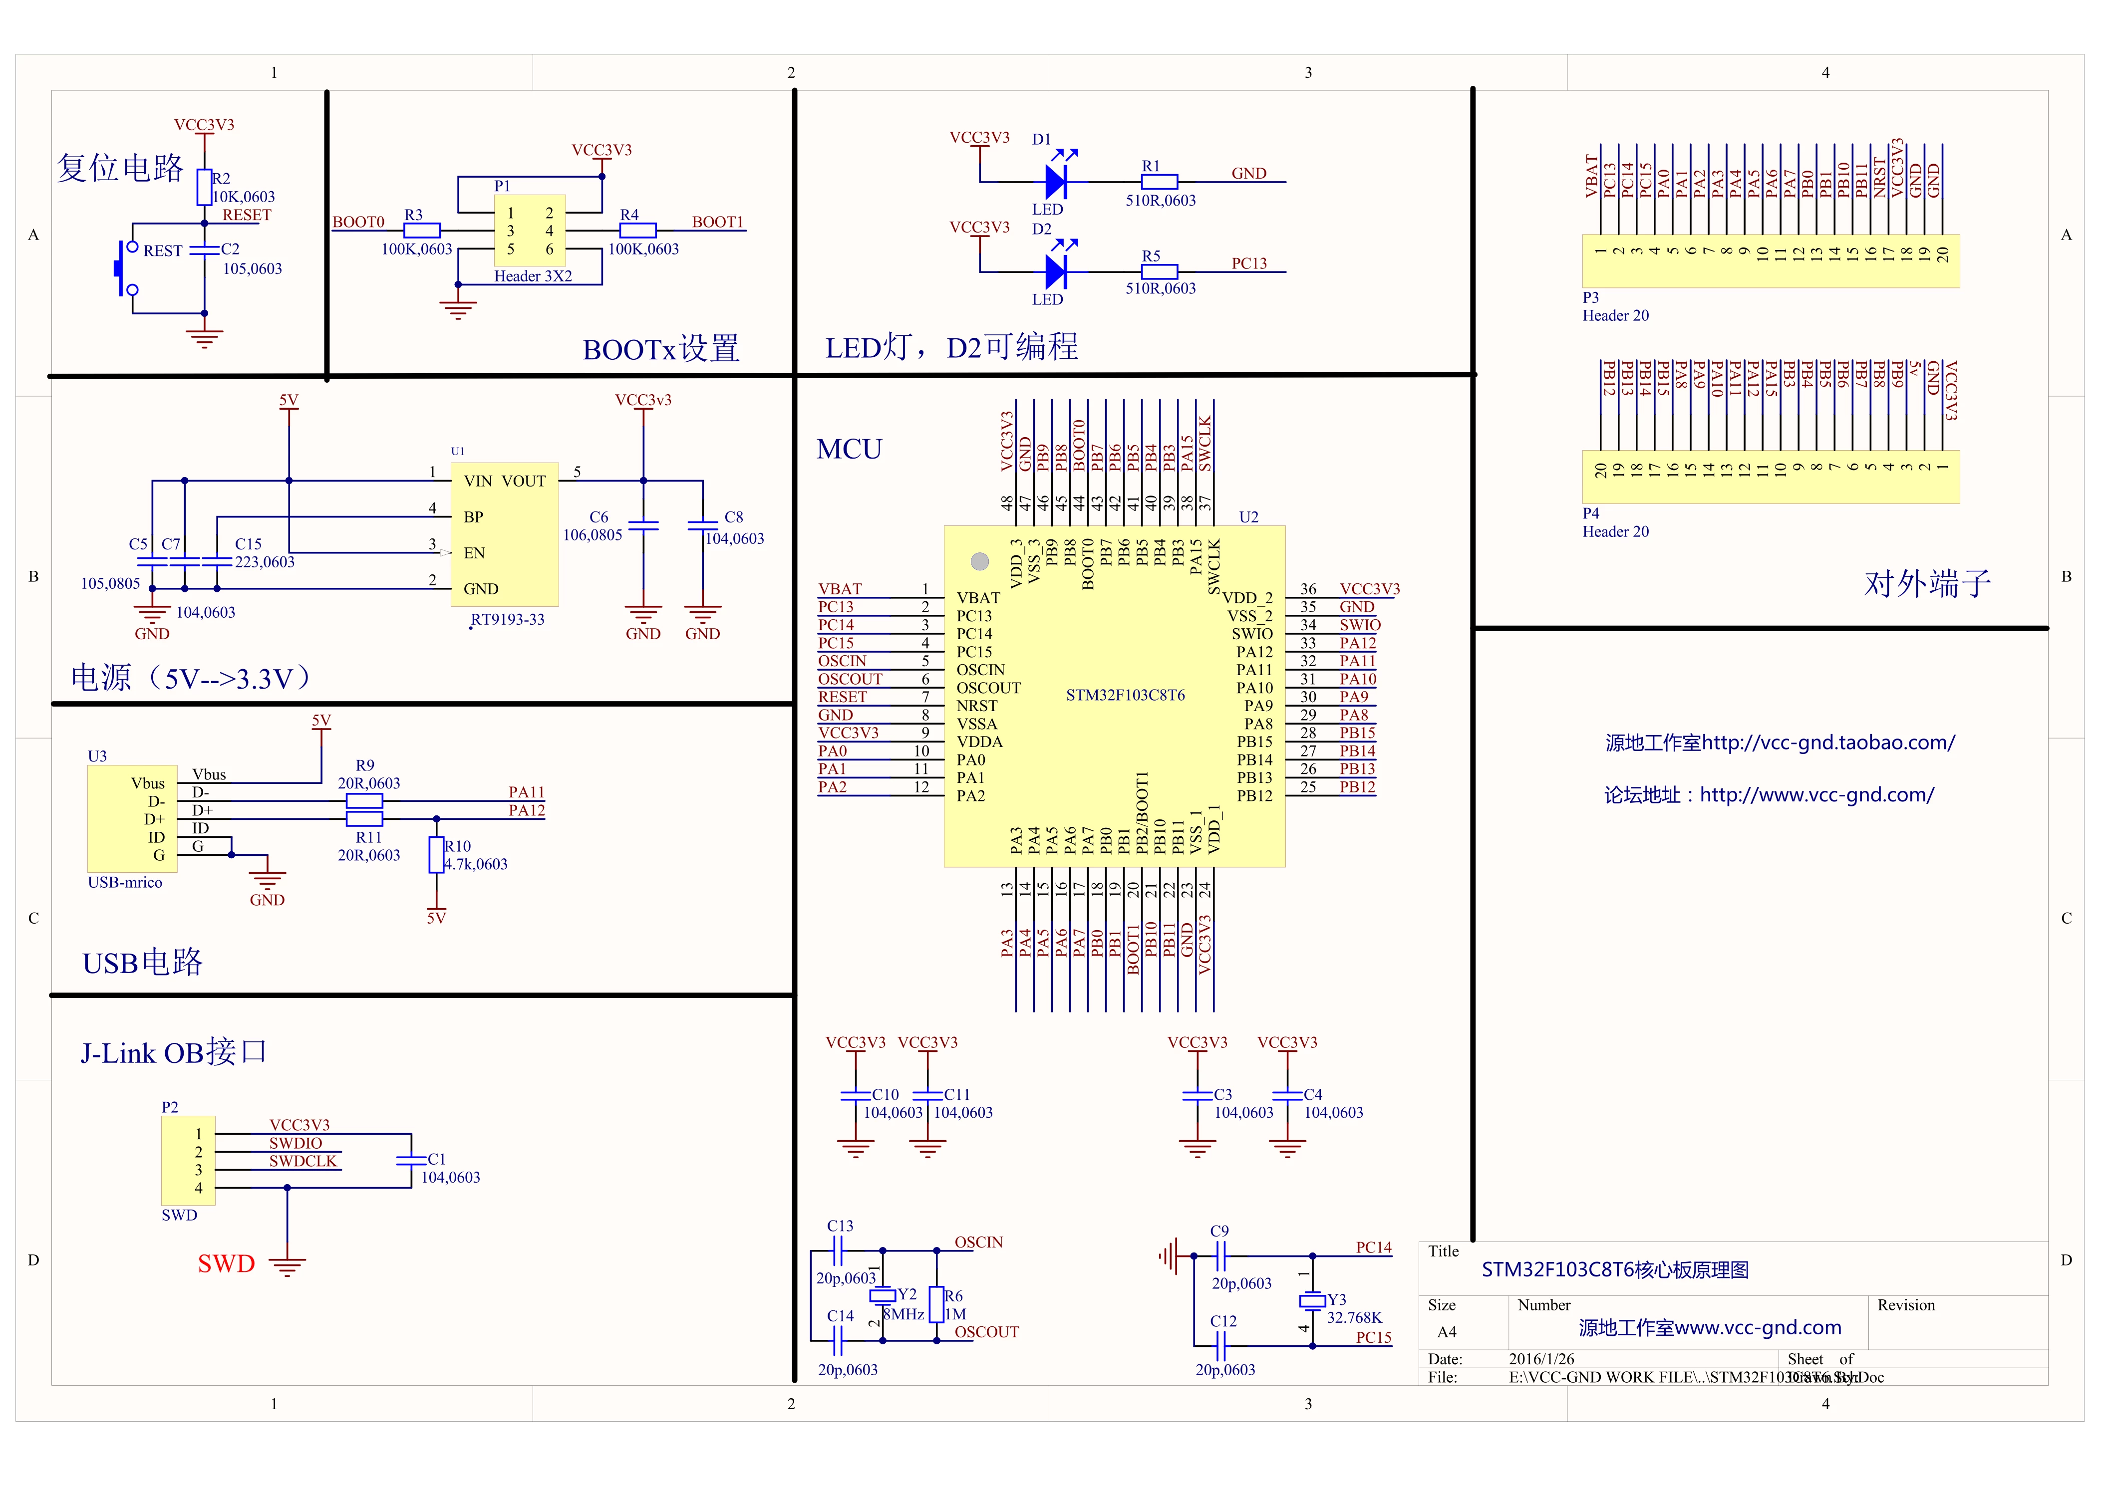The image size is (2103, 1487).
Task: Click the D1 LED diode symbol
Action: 1056,181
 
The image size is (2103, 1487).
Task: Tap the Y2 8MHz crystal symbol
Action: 882,1295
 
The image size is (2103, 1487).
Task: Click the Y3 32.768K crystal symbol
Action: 1312,1300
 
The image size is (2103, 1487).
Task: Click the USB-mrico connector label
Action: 125,883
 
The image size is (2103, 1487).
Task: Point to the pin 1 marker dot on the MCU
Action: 979,561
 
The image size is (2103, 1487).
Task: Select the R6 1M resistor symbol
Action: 936,1305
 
